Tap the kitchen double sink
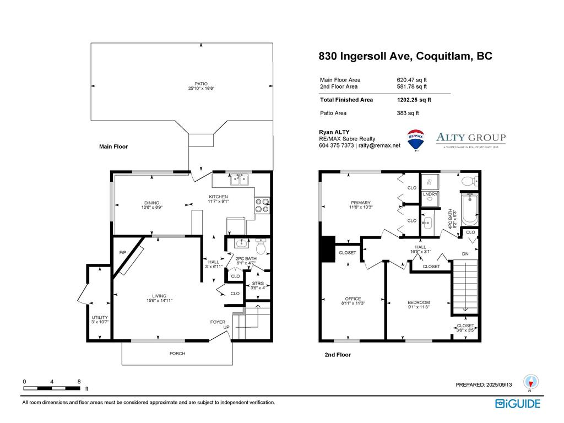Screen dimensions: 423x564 click(x=239, y=179)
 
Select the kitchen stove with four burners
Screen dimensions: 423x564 click(x=262, y=205)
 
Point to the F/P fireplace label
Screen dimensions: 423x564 click(x=123, y=253)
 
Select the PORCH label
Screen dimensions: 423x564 click(x=177, y=354)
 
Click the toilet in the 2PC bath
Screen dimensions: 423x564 click(x=261, y=247)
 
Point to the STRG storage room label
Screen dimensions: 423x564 click(x=258, y=283)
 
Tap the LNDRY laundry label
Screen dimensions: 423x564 click(x=430, y=194)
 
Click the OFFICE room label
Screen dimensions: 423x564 click(x=352, y=299)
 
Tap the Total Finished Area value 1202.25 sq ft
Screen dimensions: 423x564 click(x=414, y=100)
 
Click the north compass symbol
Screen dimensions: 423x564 click(x=531, y=381)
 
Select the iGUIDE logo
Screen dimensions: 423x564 click(x=518, y=404)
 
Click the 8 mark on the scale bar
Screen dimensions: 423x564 click(x=79, y=381)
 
